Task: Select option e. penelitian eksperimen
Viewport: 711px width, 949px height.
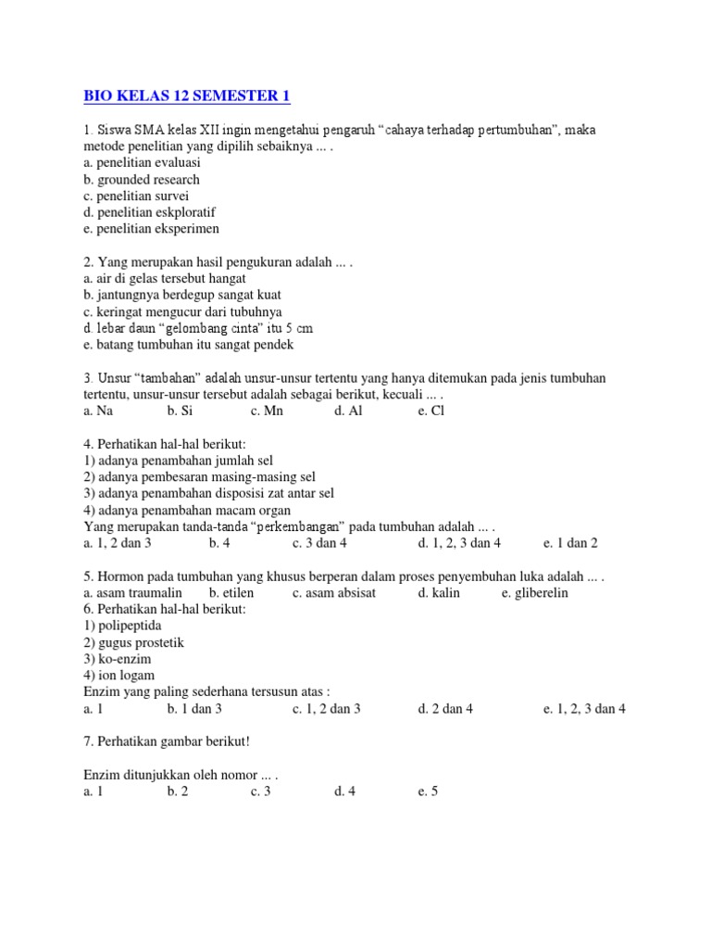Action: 151,229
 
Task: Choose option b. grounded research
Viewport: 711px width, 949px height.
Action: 141,179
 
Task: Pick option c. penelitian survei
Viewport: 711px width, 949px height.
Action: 135,196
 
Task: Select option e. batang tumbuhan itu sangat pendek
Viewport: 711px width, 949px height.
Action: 188,345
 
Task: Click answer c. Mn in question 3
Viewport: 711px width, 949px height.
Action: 267,411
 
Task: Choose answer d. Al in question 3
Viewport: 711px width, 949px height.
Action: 348,411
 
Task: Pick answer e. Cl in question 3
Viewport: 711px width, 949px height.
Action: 431,411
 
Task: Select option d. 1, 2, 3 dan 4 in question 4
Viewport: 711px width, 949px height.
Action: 459,543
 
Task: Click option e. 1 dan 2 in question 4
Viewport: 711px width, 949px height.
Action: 570,543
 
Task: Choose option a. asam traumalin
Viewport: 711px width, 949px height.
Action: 132,592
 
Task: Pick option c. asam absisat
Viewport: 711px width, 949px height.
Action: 334,592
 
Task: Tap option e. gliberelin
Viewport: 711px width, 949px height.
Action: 535,592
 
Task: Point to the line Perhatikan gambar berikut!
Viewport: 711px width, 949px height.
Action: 159,742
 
